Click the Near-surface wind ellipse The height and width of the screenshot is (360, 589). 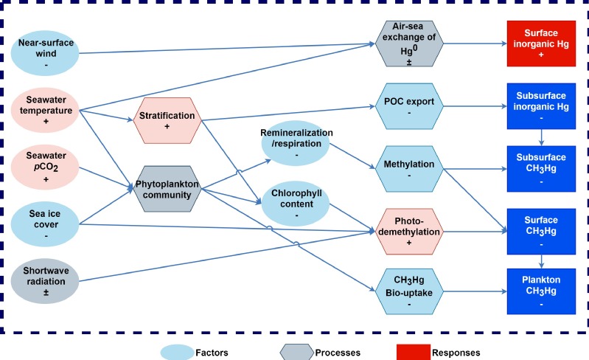click(45, 53)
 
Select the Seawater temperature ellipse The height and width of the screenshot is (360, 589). click(45, 110)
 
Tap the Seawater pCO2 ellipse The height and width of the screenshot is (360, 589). click(45, 167)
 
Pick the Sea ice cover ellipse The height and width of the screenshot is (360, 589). click(45, 224)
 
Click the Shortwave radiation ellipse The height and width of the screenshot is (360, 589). click(45, 281)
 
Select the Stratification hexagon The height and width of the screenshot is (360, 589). click(167, 121)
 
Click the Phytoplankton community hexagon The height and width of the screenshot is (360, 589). click(167, 189)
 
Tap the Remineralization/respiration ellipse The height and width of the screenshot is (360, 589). click(296, 143)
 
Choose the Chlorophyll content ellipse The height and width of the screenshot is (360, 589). click(296, 204)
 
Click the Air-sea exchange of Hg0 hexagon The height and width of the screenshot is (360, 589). click(409, 44)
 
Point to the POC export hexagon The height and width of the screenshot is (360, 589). click(409, 106)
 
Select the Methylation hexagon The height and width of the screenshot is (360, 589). click(409, 169)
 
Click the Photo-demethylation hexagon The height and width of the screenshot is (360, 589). click(409, 232)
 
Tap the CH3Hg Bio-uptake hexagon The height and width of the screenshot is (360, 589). click(409, 291)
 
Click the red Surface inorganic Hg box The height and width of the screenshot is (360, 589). click(541, 44)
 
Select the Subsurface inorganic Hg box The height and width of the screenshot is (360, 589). click(541, 106)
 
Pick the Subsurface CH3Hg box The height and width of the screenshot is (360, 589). click(541, 169)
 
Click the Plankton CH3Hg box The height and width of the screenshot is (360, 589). click(541, 291)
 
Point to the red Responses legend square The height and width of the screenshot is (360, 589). click(414, 352)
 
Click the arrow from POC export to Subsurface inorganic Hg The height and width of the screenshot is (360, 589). click(475, 106)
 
